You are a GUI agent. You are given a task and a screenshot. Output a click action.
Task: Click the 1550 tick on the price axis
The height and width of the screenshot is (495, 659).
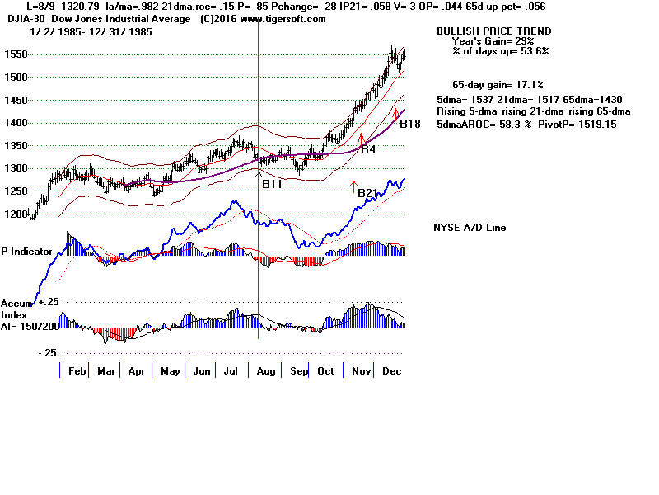click(x=15, y=54)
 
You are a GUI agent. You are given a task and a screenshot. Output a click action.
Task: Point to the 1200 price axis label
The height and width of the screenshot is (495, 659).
click(x=15, y=214)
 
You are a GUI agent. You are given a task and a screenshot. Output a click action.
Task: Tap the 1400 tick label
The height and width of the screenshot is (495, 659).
click(x=15, y=123)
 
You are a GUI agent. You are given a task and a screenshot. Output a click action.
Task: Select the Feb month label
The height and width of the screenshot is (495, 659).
click(x=77, y=372)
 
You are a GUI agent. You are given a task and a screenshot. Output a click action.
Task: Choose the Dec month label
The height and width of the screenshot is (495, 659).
click(x=391, y=372)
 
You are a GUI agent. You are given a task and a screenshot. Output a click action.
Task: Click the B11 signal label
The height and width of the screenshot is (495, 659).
click(x=272, y=184)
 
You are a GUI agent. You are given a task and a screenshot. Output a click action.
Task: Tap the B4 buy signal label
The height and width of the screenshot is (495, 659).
click(x=368, y=150)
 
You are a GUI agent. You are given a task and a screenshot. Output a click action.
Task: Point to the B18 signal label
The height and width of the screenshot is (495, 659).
click(x=410, y=124)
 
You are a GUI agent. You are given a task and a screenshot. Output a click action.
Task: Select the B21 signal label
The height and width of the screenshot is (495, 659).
click(x=367, y=193)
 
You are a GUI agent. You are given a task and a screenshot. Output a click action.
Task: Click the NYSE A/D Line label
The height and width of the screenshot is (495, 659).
click(x=470, y=228)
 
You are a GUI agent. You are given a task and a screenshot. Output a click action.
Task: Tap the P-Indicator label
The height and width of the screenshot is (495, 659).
click(x=27, y=251)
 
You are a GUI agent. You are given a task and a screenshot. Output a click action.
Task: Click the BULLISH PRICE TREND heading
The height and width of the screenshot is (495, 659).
click(x=494, y=31)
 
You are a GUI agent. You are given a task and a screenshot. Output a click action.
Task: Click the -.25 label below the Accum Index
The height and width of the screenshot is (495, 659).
click(x=46, y=352)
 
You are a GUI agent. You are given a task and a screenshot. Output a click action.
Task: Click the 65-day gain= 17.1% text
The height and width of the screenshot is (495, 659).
click(x=498, y=85)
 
